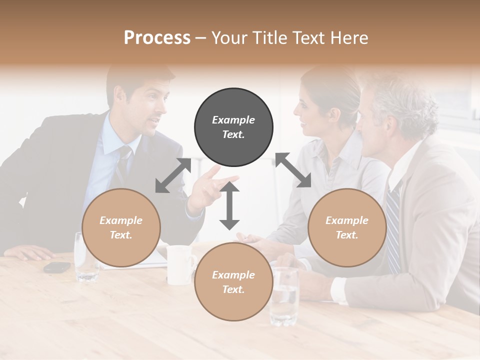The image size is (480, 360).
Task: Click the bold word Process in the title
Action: click(x=157, y=37)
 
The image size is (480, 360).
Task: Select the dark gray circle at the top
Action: click(x=233, y=127)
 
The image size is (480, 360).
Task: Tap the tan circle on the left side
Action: click(x=121, y=228)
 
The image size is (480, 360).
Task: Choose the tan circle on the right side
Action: click(x=347, y=228)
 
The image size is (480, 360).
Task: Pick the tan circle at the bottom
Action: click(x=233, y=281)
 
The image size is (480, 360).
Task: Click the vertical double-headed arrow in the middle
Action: click(x=229, y=205)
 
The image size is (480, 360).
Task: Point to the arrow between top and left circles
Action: click(x=173, y=175)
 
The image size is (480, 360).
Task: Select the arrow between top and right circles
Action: click(x=293, y=170)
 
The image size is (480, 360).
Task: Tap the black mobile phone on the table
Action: click(x=57, y=267)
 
